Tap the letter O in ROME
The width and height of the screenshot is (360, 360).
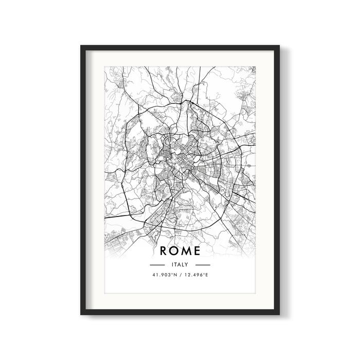(x=176, y=251)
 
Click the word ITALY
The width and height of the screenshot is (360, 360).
(x=180, y=264)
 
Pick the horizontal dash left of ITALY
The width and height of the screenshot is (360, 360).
(x=157, y=264)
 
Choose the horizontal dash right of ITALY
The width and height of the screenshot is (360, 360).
(x=203, y=264)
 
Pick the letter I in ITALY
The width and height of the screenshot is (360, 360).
(x=172, y=264)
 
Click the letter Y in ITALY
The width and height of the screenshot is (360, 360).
(x=188, y=264)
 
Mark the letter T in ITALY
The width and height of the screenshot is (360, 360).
(x=175, y=264)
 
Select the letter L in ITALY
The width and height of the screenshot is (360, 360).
(x=184, y=264)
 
